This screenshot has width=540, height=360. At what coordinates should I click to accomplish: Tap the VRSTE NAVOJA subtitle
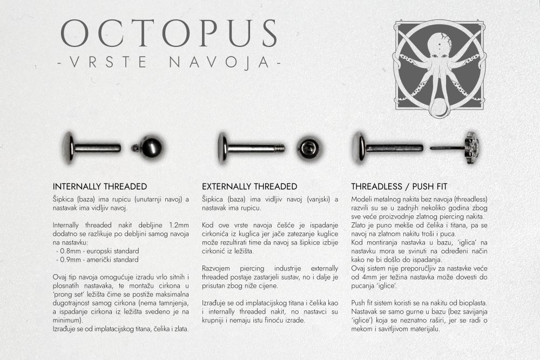point(168,63)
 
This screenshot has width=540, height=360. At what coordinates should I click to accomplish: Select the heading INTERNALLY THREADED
point(100,186)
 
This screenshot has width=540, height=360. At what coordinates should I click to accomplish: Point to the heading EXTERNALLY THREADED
point(249,186)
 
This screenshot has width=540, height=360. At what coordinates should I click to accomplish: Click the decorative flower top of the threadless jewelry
point(471,146)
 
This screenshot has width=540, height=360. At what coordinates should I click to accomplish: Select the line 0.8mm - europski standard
point(97,251)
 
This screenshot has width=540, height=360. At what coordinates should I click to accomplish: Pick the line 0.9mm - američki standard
point(97,260)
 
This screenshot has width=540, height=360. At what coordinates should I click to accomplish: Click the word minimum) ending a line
point(67,320)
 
